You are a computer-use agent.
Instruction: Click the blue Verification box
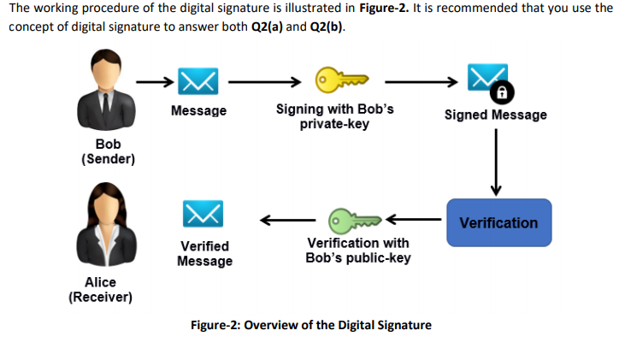click(x=498, y=223)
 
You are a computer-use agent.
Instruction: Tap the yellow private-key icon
click(x=341, y=80)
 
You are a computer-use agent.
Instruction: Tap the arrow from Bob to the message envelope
click(x=154, y=82)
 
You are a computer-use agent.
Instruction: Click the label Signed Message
click(x=495, y=115)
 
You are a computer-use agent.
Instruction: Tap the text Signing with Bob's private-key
click(x=334, y=117)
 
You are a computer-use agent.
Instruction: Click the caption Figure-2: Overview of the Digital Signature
click(x=311, y=325)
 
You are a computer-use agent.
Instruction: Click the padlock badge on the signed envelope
click(x=504, y=91)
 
